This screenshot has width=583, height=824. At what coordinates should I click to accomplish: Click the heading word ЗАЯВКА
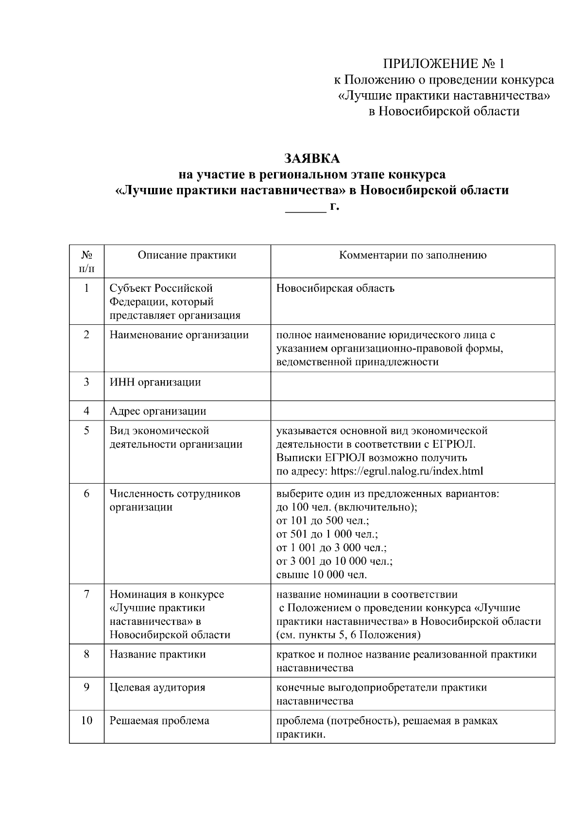(311, 159)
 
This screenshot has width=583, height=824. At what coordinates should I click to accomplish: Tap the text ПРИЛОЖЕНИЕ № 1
(444, 64)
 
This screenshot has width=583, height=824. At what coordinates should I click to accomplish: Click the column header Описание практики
(187, 255)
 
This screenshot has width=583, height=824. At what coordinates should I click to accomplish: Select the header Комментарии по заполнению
(412, 255)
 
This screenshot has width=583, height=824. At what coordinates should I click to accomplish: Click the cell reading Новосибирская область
(335, 288)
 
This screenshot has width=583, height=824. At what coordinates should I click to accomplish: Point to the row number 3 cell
(86, 382)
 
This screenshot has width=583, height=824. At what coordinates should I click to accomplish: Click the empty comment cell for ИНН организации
(412, 386)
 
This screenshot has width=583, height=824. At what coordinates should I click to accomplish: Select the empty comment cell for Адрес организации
(412, 411)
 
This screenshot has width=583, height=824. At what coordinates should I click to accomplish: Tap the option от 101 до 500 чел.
(323, 521)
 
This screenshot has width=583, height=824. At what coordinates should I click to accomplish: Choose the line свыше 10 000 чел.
(322, 575)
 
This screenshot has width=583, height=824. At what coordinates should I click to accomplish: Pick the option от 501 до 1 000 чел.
(327, 534)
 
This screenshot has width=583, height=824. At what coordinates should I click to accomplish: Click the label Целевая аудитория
(157, 688)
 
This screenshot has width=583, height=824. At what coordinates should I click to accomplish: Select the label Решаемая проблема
(159, 721)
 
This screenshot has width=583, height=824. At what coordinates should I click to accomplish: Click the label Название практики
(157, 655)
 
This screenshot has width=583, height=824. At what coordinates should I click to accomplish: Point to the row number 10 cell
(86, 721)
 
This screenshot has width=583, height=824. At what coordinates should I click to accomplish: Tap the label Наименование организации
(179, 335)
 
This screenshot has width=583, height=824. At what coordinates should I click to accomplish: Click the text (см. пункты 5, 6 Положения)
(348, 635)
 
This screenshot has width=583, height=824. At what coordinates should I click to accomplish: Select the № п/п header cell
(86, 261)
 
